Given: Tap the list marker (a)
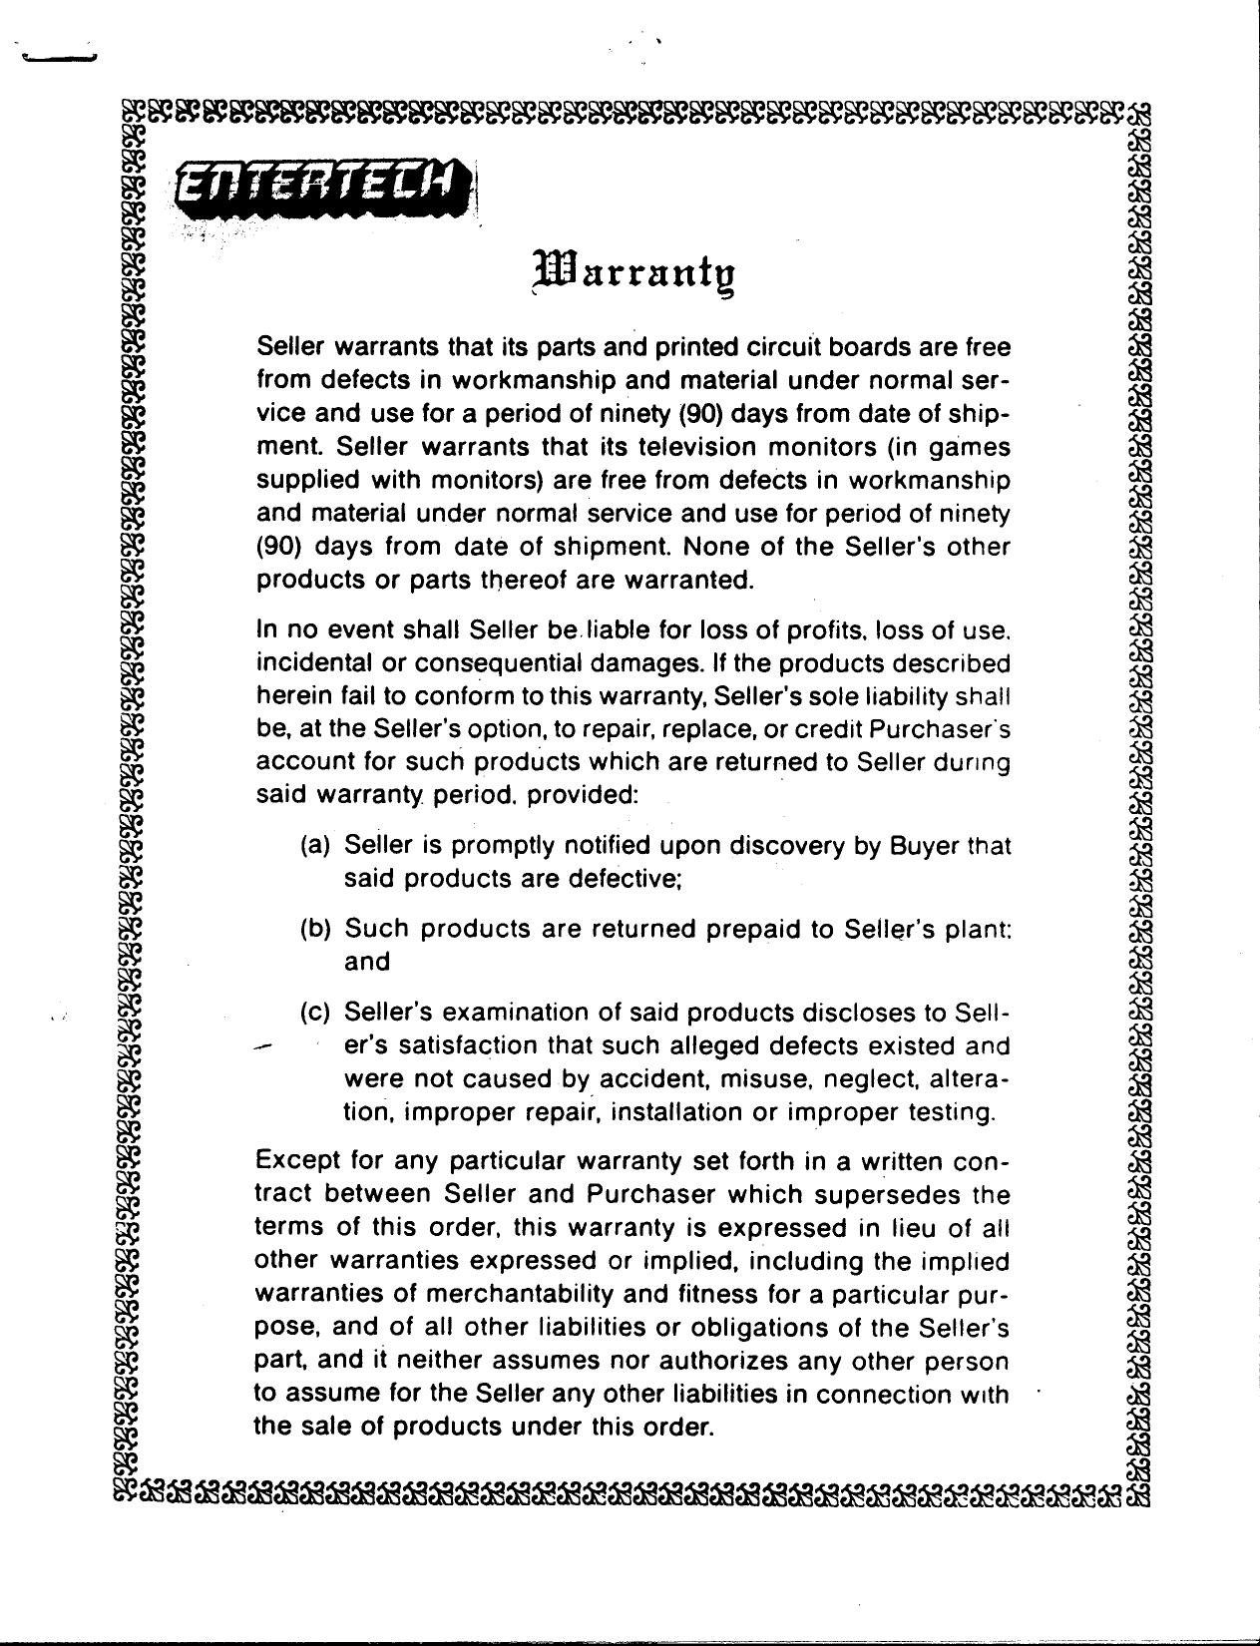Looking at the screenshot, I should coord(315,846).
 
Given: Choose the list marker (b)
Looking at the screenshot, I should coord(315,929).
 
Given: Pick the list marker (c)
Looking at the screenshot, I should coord(315,1013).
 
